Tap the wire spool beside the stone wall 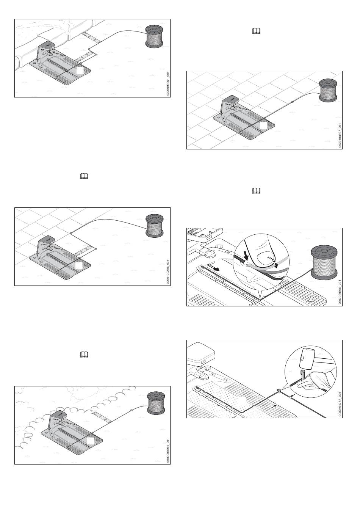(x=155, y=36)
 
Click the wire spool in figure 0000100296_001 (x=155, y=225)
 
